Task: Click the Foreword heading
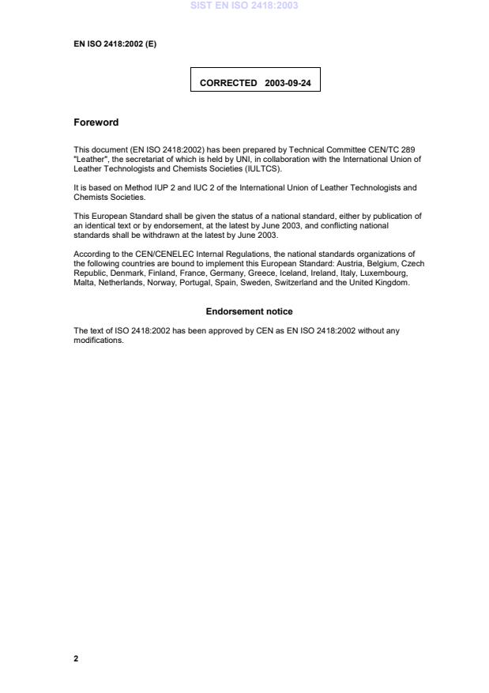point(96,122)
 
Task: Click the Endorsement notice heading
point(249,312)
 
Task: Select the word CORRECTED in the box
point(228,82)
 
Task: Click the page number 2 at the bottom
point(76,658)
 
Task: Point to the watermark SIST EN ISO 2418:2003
point(243,6)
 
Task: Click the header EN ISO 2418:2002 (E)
point(115,43)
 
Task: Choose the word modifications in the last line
point(98,341)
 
